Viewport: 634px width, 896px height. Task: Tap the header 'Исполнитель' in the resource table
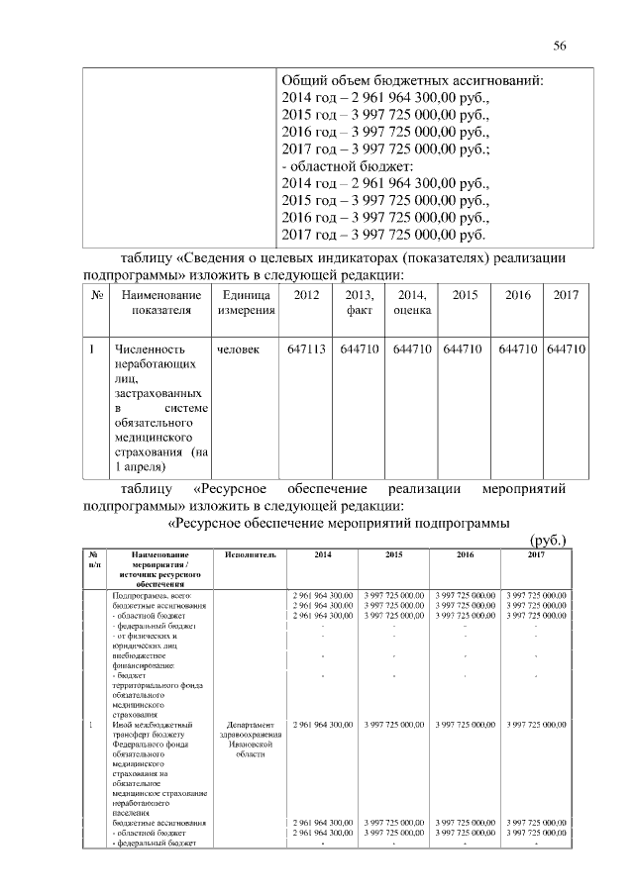click(x=250, y=554)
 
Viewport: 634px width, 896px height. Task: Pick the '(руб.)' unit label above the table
click(x=548, y=539)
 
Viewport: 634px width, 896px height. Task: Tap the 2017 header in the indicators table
click(x=566, y=295)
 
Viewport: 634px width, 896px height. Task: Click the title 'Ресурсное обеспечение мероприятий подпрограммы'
click(x=338, y=522)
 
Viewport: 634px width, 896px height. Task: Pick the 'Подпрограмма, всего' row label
click(x=152, y=593)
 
